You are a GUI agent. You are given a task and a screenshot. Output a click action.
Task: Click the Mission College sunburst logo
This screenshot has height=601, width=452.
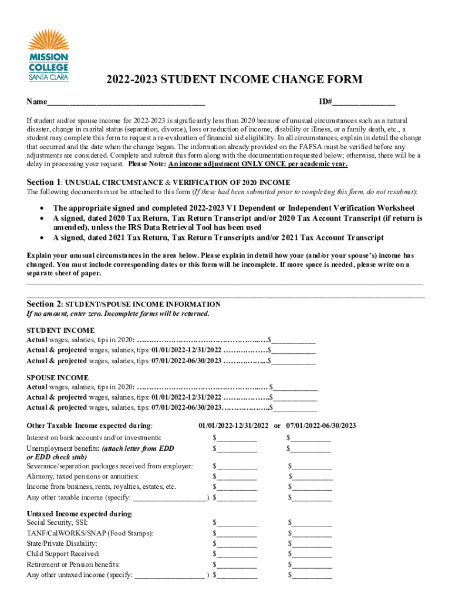coord(48,41)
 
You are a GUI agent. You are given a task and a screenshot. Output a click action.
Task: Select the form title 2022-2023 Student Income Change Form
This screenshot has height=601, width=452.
coord(225,80)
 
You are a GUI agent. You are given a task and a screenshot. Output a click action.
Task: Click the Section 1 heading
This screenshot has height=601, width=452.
coord(158,182)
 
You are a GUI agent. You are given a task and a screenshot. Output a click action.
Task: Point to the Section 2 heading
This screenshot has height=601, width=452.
coord(124,304)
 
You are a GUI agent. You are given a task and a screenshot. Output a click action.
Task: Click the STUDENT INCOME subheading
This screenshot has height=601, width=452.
coord(60,330)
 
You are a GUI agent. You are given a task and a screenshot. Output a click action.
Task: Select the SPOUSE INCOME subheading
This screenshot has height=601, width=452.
coord(58,377)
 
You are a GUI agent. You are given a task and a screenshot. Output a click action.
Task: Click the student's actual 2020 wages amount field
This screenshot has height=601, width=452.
coord(294,340)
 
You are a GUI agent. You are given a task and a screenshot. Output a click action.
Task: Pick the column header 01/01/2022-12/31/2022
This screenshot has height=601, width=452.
coord(234,426)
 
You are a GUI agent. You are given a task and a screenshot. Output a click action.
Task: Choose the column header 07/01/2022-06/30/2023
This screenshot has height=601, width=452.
coord(321,426)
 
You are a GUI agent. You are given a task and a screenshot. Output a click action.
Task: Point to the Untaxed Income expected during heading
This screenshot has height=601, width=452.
coord(80,513)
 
